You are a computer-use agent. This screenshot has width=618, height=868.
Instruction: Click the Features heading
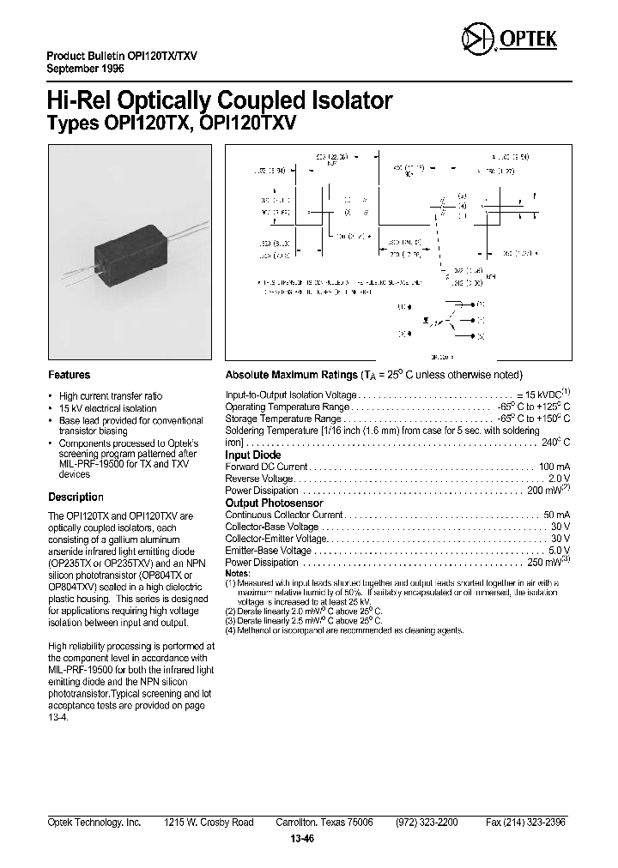pyautogui.click(x=69, y=375)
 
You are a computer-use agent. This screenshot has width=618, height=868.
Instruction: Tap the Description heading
pyautogui.click(x=76, y=497)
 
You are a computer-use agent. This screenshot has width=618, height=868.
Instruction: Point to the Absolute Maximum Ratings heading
pyautogui.click(x=290, y=376)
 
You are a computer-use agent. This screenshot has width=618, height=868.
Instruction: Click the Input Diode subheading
pyautogui.click(x=252, y=455)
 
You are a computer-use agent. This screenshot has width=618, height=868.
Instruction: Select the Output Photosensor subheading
pyautogui.click(x=274, y=503)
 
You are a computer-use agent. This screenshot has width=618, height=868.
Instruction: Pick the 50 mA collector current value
pyautogui.click(x=556, y=515)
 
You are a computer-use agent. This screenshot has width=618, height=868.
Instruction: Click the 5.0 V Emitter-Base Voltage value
pyautogui.click(x=559, y=551)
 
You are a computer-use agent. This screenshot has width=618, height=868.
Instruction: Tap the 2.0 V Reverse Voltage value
pyautogui.click(x=559, y=479)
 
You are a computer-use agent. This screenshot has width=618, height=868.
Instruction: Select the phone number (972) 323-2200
pyautogui.click(x=427, y=823)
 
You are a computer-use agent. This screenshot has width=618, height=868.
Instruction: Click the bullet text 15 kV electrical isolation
pyautogui.click(x=111, y=408)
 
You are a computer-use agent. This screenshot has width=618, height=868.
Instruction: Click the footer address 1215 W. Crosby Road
pyautogui.click(x=209, y=823)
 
